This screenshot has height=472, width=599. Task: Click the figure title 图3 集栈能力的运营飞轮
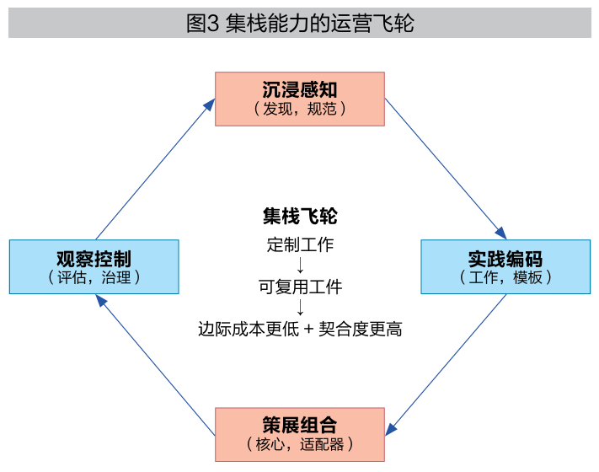tap(300, 24)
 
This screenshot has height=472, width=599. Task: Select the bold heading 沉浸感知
tap(300, 90)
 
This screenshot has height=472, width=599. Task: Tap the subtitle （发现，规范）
tap(300, 109)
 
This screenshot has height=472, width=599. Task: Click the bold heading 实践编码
tap(505, 259)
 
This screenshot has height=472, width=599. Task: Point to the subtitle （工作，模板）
tap(505, 277)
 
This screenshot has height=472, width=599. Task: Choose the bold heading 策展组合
tap(300, 425)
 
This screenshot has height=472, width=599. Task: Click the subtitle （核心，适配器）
tap(300, 444)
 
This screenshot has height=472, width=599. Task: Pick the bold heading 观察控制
tap(94, 259)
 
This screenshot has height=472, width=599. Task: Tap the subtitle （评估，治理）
tap(94, 277)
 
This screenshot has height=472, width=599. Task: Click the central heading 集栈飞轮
tap(300, 217)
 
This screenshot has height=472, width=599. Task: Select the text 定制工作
tap(300, 244)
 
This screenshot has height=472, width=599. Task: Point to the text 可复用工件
tap(300, 287)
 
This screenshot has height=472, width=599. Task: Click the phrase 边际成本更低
tap(249, 329)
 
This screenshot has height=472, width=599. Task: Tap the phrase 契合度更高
tap(361, 329)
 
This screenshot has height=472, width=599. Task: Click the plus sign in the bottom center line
tap(308, 330)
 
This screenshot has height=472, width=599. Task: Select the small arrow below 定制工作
tap(300, 265)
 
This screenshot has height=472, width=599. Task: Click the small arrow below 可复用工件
tap(300, 308)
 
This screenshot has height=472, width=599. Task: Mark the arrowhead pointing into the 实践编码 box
tap(500, 233)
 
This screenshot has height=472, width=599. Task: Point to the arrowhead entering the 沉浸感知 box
tap(209, 105)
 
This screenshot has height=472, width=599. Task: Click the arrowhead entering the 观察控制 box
tap(101, 301)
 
